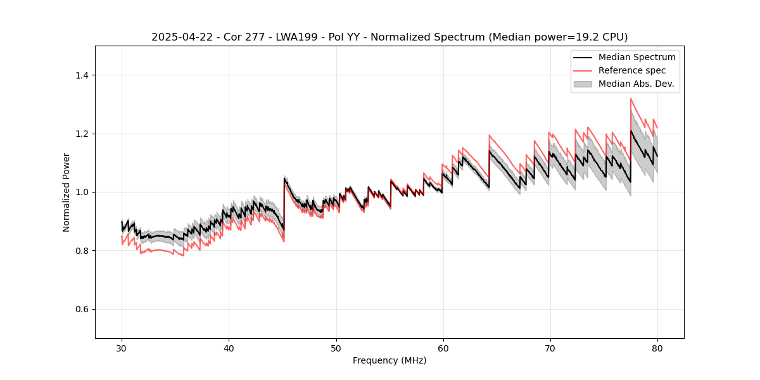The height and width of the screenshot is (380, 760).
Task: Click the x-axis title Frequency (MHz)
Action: click(x=389, y=360)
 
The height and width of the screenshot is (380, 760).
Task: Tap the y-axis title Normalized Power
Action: click(x=66, y=192)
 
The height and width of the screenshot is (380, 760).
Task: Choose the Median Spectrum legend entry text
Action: click(x=636, y=57)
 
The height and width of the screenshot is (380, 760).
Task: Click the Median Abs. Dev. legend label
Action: click(x=636, y=84)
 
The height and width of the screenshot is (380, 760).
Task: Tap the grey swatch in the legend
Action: click(x=583, y=84)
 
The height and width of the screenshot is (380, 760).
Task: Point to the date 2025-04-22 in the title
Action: click(x=180, y=37)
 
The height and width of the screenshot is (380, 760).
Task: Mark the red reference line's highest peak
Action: click(x=631, y=98)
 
